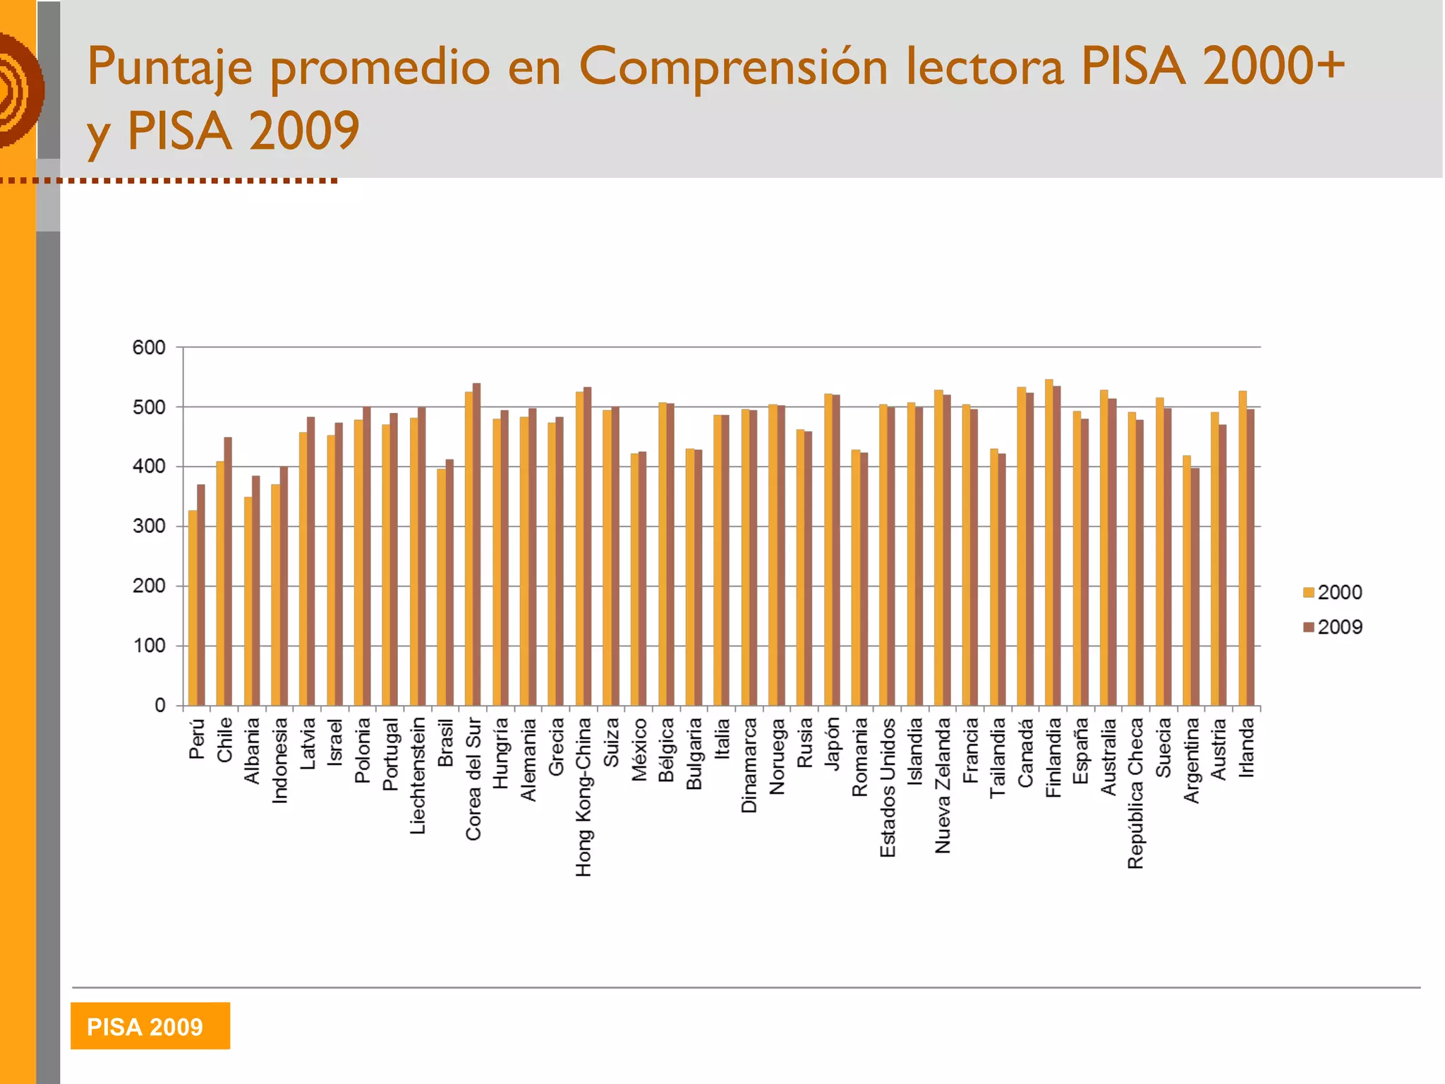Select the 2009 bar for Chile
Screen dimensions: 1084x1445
pyautogui.click(x=228, y=572)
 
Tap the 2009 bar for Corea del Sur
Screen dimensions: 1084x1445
pyautogui.click(x=477, y=544)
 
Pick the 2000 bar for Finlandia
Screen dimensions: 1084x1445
pyautogui.click(x=1049, y=543)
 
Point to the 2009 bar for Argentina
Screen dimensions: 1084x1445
pyautogui.click(x=1195, y=586)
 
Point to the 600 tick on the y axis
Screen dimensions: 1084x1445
pyautogui.click(x=149, y=348)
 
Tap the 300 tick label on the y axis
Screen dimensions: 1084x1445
pyautogui.click(x=149, y=526)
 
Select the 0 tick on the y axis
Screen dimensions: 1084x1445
pyautogui.click(x=160, y=706)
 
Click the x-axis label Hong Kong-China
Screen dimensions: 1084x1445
pyautogui.click(x=584, y=797)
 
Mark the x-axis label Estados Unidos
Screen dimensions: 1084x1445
pyautogui.click(x=888, y=788)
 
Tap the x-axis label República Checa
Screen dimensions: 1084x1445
pyautogui.click(x=1136, y=793)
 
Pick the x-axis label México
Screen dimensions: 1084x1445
pyautogui.click(x=639, y=749)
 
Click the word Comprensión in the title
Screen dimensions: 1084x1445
pyautogui.click(x=733, y=67)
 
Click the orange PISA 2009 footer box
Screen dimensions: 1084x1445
pyautogui.click(x=150, y=1026)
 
